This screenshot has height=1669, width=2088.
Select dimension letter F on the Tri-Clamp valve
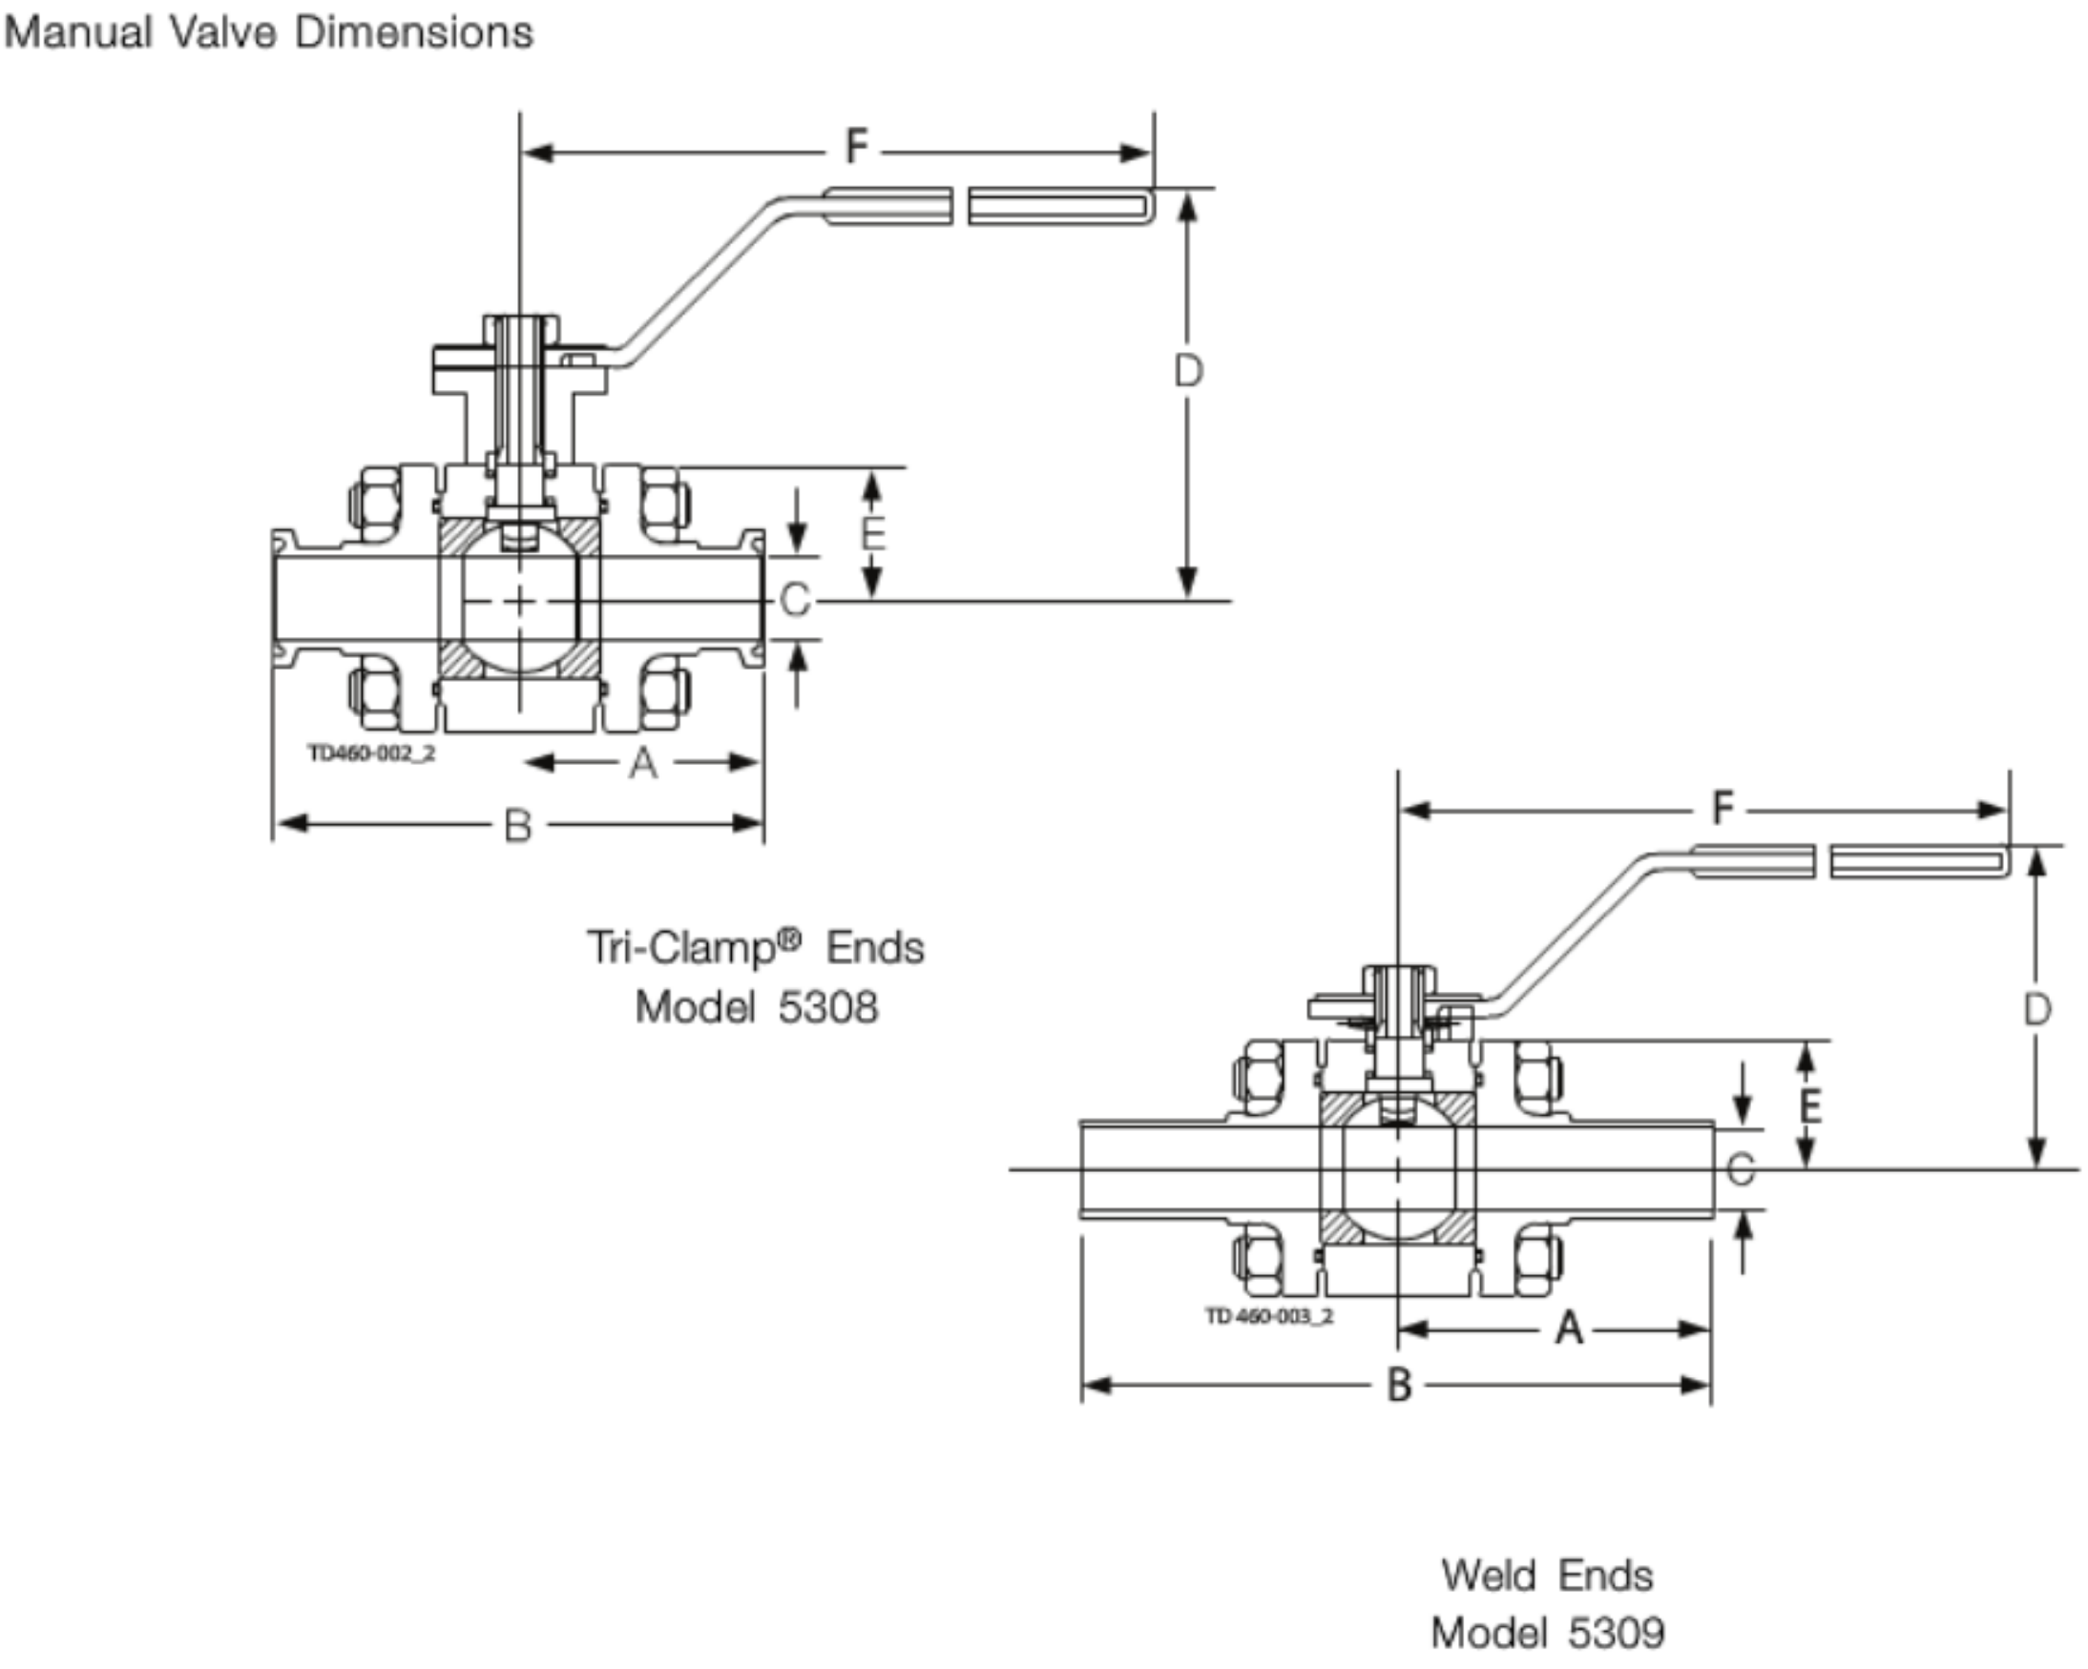pyautogui.click(x=856, y=147)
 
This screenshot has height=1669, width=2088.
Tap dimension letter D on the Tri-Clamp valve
pyautogui.click(x=1188, y=371)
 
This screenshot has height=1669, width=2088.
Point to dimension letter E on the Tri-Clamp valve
pyautogui.click(x=872, y=533)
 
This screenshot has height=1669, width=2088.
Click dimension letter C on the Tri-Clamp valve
pyautogui.click(x=794, y=600)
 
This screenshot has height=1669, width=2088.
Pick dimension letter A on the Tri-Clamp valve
pyautogui.click(x=643, y=764)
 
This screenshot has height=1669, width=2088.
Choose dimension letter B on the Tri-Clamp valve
pyautogui.click(x=518, y=826)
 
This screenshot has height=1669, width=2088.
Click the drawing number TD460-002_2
pyautogui.click(x=372, y=753)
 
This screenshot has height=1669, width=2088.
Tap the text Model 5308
pyautogui.click(x=757, y=1008)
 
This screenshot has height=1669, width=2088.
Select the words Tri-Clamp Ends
pyautogui.click(x=756, y=947)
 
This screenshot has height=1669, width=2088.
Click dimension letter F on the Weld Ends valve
pyautogui.click(x=1722, y=808)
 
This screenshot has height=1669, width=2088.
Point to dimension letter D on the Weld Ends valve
pyautogui.click(x=2037, y=1010)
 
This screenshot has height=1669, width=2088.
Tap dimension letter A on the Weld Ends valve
pyautogui.click(x=1569, y=1329)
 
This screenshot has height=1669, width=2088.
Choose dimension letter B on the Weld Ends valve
pyautogui.click(x=1399, y=1386)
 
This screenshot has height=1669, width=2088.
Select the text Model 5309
pyautogui.click(x=1548, y=1633)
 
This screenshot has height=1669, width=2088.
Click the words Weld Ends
pyautogui.click(x=1548, y=1576)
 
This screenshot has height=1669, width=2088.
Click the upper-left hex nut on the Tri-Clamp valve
pyautogui.click(x=376, y=503)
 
